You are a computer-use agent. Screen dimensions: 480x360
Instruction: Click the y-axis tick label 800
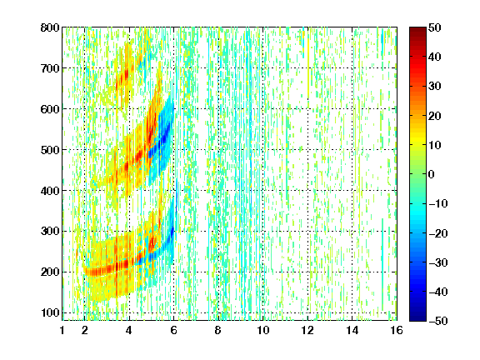pos(50,27)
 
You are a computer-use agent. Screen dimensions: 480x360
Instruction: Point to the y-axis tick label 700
pos(50,68)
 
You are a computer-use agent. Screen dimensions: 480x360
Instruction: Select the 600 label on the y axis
pos(50,109)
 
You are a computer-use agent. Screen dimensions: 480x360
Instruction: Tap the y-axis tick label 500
pos(50,150)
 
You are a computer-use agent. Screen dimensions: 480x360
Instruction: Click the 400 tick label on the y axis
pos(50,191)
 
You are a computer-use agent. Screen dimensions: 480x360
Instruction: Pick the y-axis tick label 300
pos(50,232)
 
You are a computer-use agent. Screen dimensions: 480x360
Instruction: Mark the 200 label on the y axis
pos(50,272)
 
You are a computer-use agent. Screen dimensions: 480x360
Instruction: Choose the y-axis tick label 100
pos(50,312)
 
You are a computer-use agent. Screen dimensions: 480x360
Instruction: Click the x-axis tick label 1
pos(62,330)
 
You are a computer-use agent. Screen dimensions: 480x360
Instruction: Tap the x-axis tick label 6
pos(173,330)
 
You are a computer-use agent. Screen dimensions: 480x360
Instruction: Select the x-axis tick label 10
pos(262,330)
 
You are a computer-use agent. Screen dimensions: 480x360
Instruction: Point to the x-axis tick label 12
pos(307,330)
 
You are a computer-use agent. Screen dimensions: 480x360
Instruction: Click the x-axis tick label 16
pos(397,330)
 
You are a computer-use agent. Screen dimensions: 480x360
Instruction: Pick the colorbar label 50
pos(435,27)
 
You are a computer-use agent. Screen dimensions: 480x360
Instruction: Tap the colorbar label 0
pos(432,174)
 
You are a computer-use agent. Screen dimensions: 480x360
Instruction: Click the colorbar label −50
pos(438,321)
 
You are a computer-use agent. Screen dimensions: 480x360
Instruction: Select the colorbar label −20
pos(438,233)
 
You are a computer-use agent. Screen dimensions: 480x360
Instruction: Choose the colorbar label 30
pos(435,87)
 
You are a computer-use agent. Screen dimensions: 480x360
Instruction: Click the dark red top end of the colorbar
pos(417,29)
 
